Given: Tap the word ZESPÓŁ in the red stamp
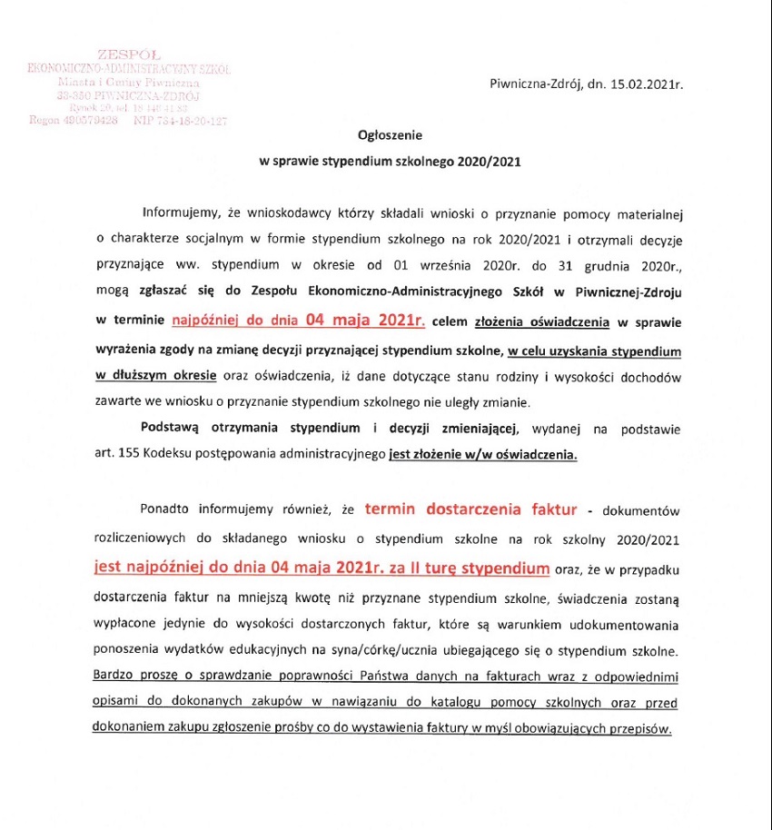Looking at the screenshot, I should [x=128, y=55].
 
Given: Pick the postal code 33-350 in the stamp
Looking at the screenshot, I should [x=74, y=95].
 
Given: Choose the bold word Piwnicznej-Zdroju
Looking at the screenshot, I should [x=628, y=293].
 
